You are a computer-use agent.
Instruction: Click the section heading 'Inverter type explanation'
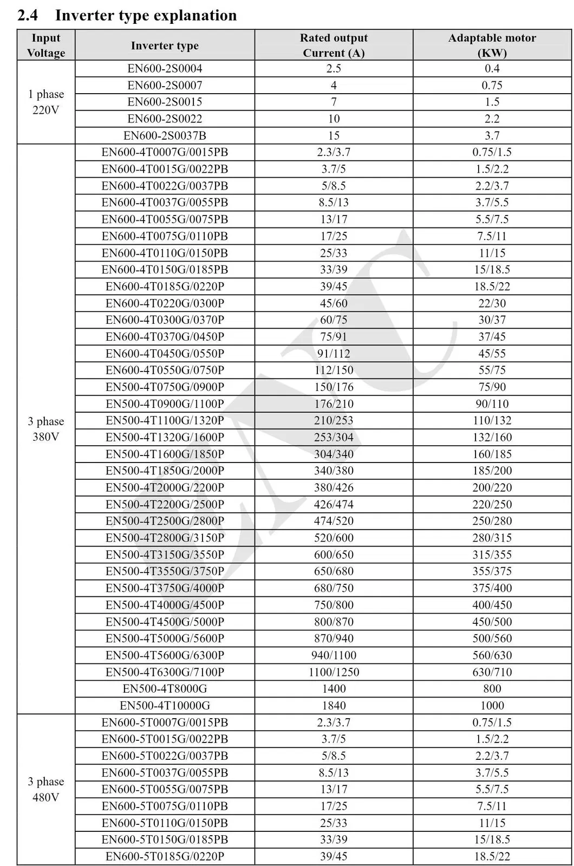[146, 15]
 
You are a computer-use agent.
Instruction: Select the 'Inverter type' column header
[165, 46]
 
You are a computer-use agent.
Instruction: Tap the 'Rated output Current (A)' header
[334, 45]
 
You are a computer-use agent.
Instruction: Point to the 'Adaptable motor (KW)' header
[492, 45]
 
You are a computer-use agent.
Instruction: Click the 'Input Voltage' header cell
[46, 45]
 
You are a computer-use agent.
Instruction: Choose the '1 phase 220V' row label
[46, 102]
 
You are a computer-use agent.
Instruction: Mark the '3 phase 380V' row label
[46, 429]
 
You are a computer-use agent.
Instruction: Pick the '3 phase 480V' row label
[46, 789]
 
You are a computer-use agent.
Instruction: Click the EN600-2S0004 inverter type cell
[165, 69]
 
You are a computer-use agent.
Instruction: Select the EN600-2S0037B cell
[165, 136]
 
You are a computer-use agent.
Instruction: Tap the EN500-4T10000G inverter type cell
[165, 706]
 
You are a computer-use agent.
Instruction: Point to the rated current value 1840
[334, 706]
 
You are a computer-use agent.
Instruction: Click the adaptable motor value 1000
[492, 706]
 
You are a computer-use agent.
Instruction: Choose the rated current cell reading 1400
[334, 689]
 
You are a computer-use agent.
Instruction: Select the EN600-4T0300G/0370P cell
[165, 320]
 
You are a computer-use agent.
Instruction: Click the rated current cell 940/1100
[334, 655]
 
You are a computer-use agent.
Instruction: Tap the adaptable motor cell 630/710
[492, 672]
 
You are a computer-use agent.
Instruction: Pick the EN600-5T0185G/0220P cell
[165, 856]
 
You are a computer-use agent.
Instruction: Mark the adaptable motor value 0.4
[492, 69]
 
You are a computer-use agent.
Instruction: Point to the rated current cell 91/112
[334, 354]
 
